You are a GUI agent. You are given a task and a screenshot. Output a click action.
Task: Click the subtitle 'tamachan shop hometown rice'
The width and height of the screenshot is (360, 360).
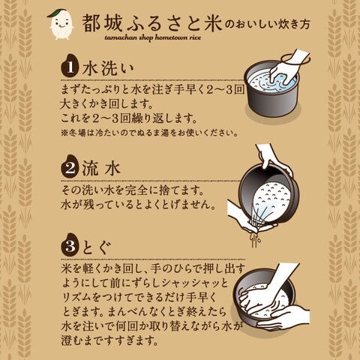coord(153,37)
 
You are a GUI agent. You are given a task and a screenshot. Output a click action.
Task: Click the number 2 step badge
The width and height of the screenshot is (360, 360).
coord(70,166)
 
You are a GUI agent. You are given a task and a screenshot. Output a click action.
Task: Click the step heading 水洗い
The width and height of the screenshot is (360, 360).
coord(108,68)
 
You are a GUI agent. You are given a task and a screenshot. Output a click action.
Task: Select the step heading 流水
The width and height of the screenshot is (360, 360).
coord(101,168)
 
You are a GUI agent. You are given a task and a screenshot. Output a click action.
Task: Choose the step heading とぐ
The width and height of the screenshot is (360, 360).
coord(97,247)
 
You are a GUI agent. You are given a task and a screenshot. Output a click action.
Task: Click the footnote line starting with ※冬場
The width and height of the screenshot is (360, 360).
coord(149,133)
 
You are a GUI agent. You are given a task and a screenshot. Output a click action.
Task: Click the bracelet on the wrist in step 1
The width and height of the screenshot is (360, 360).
coord(296,60)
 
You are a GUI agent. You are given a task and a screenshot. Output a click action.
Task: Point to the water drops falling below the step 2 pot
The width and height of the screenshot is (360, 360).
coord(255,239)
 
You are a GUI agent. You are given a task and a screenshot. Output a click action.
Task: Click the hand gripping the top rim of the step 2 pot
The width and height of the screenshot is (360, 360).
coord(272,159)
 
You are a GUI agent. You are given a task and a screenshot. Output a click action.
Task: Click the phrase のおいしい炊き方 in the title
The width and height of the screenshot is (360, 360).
coord(267,25)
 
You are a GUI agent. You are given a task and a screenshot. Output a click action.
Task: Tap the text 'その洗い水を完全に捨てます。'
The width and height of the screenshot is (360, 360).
coord(133,191)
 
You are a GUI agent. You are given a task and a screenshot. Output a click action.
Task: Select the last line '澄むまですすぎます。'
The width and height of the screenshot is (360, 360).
coord(110,340)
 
